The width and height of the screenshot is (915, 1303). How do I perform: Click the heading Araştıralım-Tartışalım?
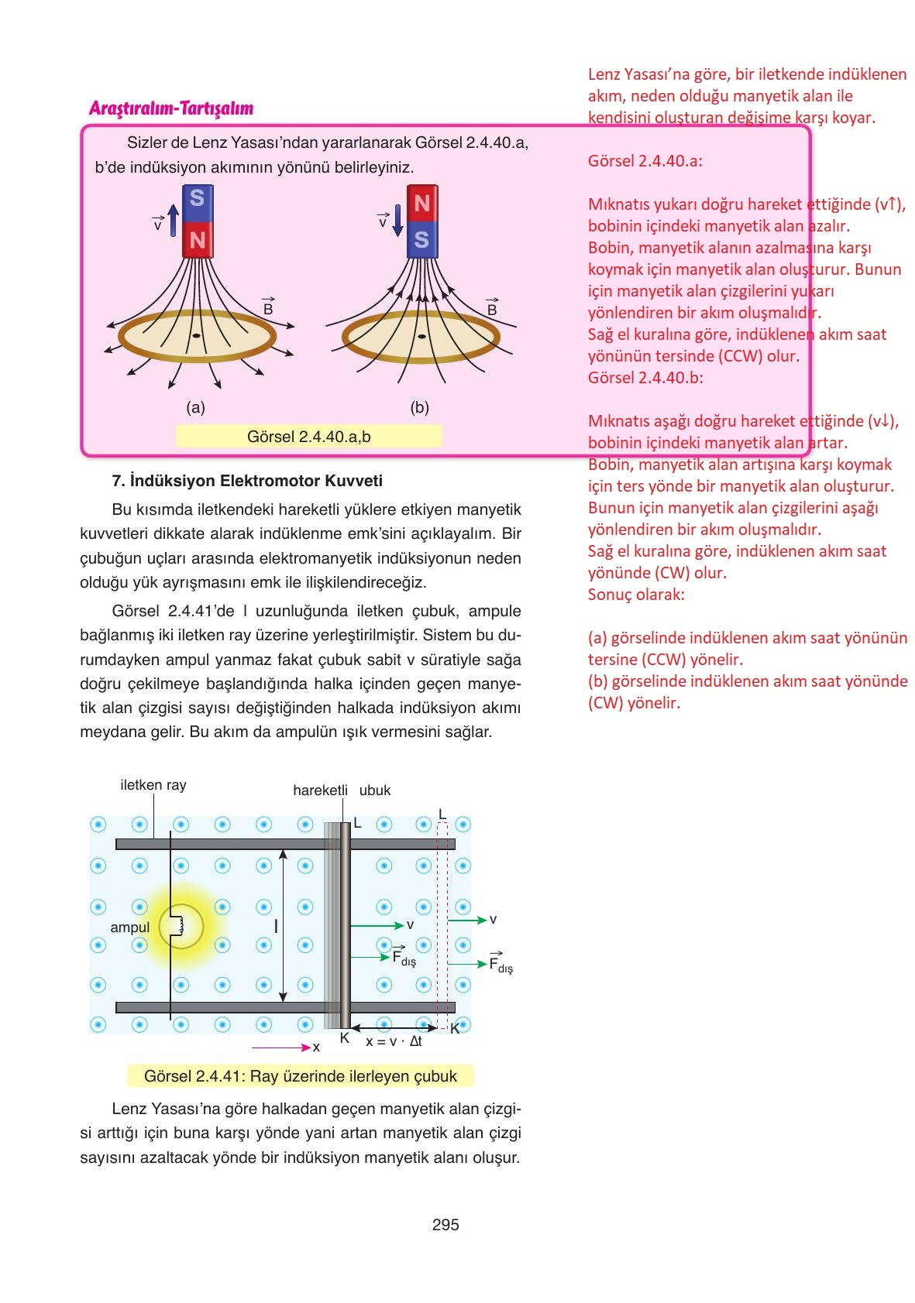[x=171, y=108]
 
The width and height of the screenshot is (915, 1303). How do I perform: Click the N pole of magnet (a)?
[x=197, y=240]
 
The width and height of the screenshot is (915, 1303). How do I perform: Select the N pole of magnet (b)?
[x=422, y=203]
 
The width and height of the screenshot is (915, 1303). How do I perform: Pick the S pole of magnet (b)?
[x=422, y=240]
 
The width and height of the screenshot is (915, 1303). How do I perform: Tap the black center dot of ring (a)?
[x=196, y=336]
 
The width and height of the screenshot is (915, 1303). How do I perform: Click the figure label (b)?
[x=419, y=407]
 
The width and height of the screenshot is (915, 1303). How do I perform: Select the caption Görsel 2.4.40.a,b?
[x=308, y=437]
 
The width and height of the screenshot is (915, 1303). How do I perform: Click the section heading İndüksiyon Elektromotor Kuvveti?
[x=248, y=481]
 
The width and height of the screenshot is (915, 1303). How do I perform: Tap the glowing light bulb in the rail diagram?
[x=181, y=926]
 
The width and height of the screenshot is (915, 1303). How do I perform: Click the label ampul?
[x=130, y=928]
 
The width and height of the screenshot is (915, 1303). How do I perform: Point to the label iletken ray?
[x=153, y=785]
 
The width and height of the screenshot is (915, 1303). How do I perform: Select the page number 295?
[x=445, y=1225]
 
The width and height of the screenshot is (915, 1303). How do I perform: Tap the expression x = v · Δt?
[x=394, y=1041]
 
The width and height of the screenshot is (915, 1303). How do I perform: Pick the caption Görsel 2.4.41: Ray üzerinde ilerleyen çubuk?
[x=301, y=1076]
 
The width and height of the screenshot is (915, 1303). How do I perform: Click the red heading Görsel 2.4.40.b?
[x=645, y=378]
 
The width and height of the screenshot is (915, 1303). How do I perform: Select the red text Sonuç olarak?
[x=636, y=595]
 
